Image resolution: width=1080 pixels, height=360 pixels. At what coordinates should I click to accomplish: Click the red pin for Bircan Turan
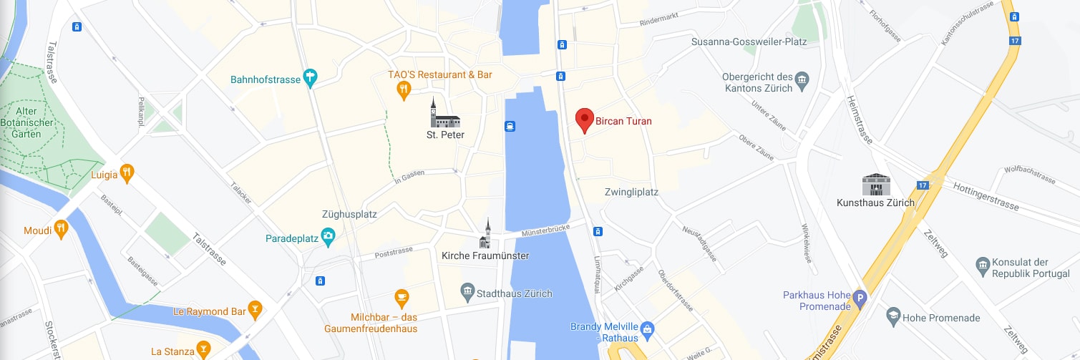[x=585, y=120]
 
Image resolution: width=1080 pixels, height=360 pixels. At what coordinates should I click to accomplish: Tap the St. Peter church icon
[x=444, y=115]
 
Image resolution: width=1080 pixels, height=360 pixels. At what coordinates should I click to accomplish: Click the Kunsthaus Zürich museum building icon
[x=875, y=184]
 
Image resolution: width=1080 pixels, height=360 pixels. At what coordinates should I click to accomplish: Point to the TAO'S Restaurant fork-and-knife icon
[x=403, y=89]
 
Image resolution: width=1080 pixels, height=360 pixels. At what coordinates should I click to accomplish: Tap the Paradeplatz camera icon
[x=329, y=237]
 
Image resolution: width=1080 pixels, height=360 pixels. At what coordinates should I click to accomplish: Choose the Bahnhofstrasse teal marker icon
[x=310, y=77]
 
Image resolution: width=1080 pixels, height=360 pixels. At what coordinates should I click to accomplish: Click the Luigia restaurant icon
[x=127, y=172]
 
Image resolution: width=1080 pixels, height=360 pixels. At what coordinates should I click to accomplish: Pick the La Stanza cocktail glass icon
[x=203, y=350]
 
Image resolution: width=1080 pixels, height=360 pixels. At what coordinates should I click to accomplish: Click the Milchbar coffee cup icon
[x=402, y=296]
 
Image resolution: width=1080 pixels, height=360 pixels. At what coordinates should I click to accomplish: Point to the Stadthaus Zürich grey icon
[x=467, y=291]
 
